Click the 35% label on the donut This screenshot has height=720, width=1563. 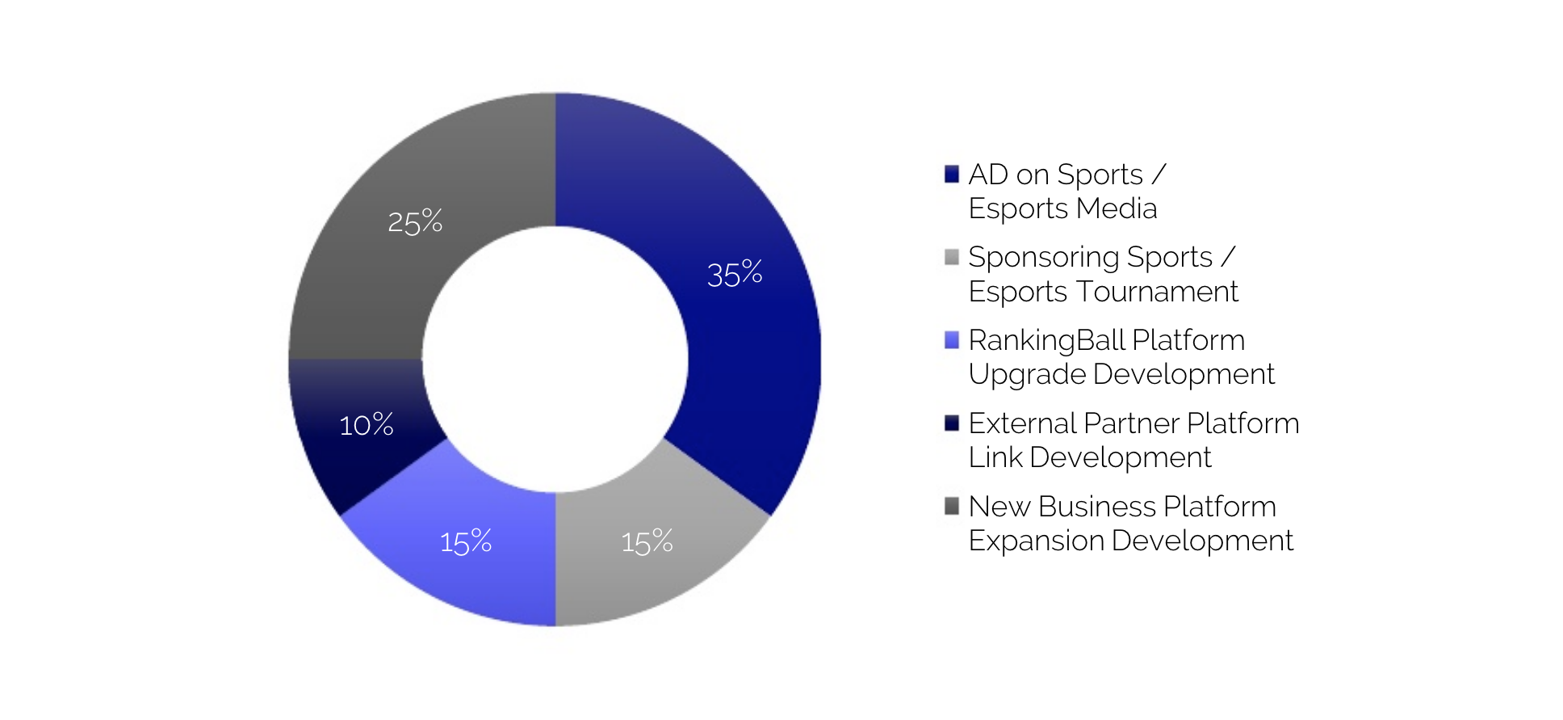[735, 274]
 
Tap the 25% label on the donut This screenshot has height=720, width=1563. [415, 221]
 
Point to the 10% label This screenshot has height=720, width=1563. [367, 424]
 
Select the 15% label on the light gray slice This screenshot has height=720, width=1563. [647, 541]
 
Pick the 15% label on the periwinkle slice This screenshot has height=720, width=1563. [466, 541]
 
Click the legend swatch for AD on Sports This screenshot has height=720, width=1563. [952, 174]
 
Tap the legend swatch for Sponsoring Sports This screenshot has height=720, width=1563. [952, 257]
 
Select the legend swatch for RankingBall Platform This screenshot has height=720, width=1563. [952, 340]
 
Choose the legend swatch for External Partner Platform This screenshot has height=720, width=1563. [952, 423]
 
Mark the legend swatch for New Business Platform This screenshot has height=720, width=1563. [952, 506]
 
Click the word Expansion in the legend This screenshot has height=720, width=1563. [1037, 541]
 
